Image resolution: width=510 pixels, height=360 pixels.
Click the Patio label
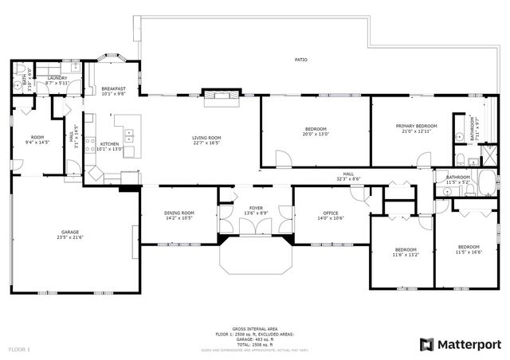click(x=300, y=60)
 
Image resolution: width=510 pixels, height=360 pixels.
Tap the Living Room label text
click(x=206, y=138)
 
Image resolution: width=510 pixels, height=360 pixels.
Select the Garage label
click(x=70, y=233)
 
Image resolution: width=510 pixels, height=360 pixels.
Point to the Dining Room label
click(x=178, y=213)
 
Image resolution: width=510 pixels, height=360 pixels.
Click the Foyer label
click(x=256, y=208)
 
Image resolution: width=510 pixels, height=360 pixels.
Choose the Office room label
click(x=330, y=213)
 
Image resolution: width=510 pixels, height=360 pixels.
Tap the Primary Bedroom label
click(x=418, y=126)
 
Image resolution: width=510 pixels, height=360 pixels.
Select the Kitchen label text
click(x=108, y=144)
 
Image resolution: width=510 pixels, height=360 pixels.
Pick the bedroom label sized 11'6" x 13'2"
click(x=405, y=255)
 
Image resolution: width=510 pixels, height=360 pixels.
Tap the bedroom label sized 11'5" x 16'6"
click(x=469, y=251)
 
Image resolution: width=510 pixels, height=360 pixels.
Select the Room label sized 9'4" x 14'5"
click(x=37, y=139)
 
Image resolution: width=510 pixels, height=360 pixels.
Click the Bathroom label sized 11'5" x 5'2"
click(x=458, y=179)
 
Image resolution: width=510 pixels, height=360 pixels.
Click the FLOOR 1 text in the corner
click(x=19, y=349)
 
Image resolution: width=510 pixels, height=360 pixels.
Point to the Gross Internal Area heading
click(x=256, y=328)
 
